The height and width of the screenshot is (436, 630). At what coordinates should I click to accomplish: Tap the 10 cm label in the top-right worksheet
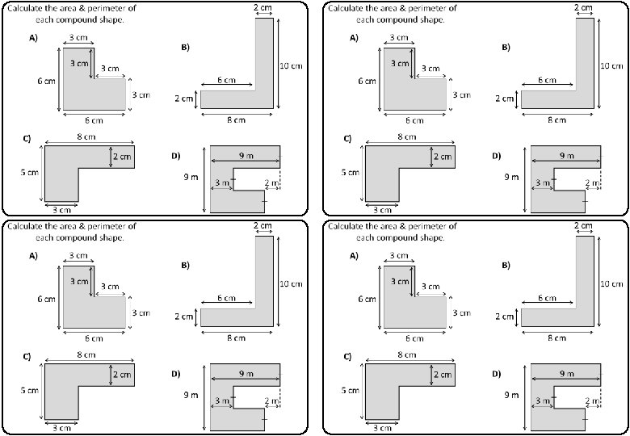point(611,65)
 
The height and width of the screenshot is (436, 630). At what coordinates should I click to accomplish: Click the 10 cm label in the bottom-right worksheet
point(611,283)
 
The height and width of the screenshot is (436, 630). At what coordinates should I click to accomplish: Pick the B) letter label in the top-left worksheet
point(185,48)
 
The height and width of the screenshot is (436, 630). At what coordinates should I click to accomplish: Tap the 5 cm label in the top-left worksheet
point(29,172)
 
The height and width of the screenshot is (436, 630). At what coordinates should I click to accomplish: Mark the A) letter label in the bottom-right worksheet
point(354,256)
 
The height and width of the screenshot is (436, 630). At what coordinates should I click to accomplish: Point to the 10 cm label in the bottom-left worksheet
point(292,283)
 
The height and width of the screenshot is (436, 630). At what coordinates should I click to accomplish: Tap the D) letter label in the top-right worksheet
point(497,156)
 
